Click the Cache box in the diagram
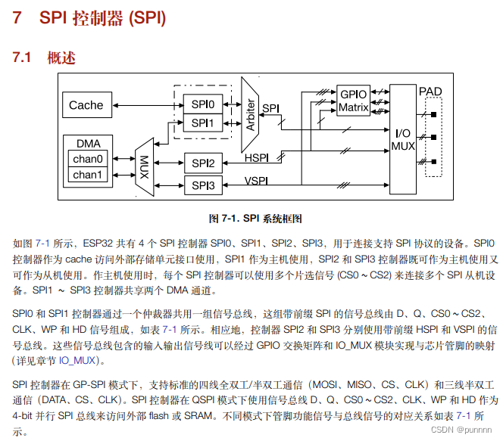86,105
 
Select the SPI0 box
202,104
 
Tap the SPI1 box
202,123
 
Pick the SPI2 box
202,163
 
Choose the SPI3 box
202,185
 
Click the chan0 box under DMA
87,159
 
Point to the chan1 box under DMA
87,175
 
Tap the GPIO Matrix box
353,101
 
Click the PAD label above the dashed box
430,92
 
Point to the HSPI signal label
257,157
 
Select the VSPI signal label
257,180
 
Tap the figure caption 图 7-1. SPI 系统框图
255,219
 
